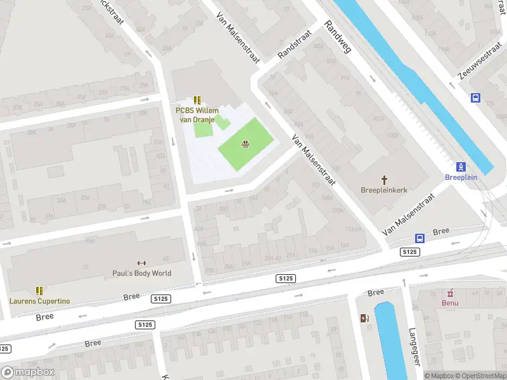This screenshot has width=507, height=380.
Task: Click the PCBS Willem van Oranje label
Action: [197, 115]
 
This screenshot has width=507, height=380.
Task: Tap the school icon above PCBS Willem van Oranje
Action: [197, 100]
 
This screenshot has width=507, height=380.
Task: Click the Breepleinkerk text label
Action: [383, 189]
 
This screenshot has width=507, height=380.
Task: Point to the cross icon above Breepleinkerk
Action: [383, 179]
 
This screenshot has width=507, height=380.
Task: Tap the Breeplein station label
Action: [461, 178]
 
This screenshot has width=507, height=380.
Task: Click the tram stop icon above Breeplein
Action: [461, 167]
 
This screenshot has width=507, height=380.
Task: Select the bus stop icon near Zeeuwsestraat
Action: [475, 98]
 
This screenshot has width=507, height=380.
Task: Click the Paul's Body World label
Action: [142, 274]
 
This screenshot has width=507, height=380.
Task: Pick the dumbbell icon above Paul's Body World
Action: [142, 263]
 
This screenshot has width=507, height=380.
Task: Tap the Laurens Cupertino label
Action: [39, 301]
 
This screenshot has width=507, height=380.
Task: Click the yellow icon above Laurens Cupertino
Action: [39, 291]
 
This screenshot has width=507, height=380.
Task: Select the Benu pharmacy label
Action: [450, 303]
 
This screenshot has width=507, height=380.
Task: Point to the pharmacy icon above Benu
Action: [450, 293]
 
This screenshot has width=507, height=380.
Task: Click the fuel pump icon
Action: [364, 318]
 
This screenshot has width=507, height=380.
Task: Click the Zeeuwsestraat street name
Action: [479, 62]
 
